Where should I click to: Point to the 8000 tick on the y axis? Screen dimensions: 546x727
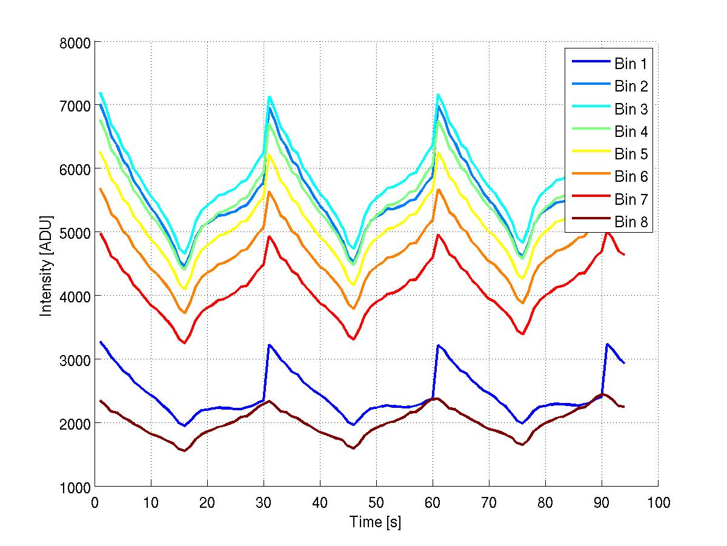(76, 42)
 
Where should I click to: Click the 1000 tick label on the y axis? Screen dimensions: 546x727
(76, 487)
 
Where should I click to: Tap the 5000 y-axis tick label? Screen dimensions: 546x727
(76, 233)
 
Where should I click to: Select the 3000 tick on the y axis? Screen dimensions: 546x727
(76, 360)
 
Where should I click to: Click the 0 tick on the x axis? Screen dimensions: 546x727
(95, 502)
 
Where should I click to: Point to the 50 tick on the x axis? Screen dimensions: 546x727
(376, 502)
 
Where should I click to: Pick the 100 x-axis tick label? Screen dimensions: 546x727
(658, 502)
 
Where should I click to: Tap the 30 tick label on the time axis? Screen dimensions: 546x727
(264, 502)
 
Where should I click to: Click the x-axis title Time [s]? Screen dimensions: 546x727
(376, 522)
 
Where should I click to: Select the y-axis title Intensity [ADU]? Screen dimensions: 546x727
(45, 265)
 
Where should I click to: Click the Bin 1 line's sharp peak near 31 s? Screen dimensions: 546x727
(269, 345)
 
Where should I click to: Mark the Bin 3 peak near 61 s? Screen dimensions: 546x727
(438, 95)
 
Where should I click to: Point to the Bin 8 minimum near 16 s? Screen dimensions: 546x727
(185, 451)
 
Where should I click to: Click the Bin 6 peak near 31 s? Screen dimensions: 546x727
(269, 192)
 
